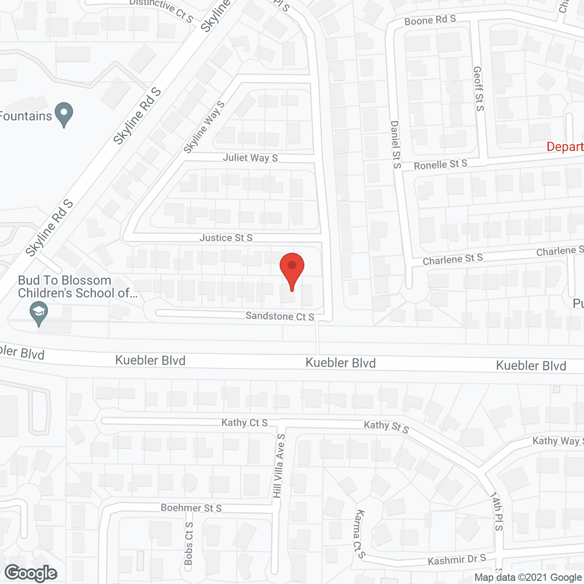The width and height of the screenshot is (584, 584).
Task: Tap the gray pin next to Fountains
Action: click(64, 114)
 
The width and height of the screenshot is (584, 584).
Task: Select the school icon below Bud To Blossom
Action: click(39, 314)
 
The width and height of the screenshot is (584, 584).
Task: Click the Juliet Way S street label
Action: click(250, 158)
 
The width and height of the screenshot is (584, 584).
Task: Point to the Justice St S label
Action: click(226, 238)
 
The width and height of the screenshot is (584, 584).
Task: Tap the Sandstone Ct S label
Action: click(280, 316)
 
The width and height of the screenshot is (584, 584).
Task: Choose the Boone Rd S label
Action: click(430, 20)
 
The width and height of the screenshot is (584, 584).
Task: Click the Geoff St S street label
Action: click(479, 89)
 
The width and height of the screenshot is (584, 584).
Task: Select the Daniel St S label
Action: click(396, 144)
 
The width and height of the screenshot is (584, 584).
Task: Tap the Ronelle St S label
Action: click(440, 164)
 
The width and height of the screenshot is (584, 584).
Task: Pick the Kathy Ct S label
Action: click(245, 423)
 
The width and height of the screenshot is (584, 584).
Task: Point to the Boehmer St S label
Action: click(191, 508)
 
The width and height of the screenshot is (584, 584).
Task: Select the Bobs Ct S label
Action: click(189, 543)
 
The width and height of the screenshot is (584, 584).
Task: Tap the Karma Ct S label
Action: click(359, 534)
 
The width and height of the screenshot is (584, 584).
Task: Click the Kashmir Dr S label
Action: click(457, 559)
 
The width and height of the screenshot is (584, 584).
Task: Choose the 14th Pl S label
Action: click(496, 511)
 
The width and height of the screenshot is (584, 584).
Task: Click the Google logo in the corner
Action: click(31, 573)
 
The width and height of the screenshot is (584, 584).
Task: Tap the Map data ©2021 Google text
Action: click(528, 578)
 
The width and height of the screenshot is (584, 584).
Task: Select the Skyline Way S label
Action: click(204, 127)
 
